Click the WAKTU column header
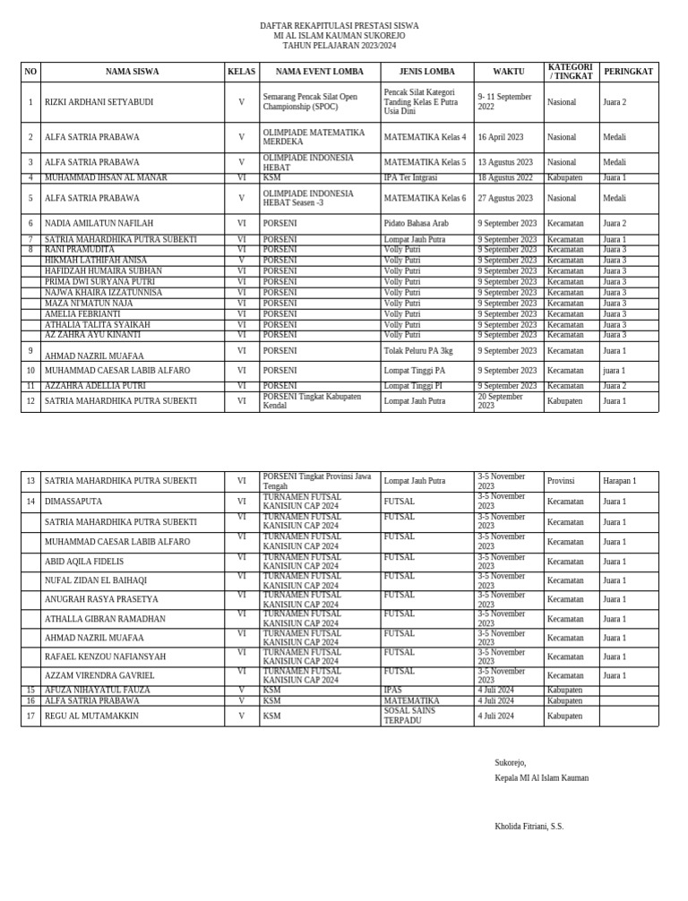click(x=508, y=72)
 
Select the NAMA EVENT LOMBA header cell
click(x=319, y=72)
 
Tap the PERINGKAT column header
click(x=628, y=72)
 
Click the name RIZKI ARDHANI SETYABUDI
click(x=99, y=102)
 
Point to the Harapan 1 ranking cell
click(x=620, y=481)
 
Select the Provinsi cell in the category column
click(x=561, y=481)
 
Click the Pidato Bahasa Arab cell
click(x=416, y=223)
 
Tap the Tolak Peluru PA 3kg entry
click(x=417, y=351)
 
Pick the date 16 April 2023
click(x=500, y=137)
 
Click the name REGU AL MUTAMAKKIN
click(x=91, y=717)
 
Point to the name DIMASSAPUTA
click(x=73, y=502)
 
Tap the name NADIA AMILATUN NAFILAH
click(x=99, y=223)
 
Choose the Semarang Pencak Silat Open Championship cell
click(x=310, y=102)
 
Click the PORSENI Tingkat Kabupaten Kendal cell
click(x=312, y=400)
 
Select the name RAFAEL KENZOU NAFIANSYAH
click(x=105, y=656)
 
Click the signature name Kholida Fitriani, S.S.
click(x=529, y=827)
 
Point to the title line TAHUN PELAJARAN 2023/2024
click(x=339, y=46)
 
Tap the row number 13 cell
click(x=30, y=481)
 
